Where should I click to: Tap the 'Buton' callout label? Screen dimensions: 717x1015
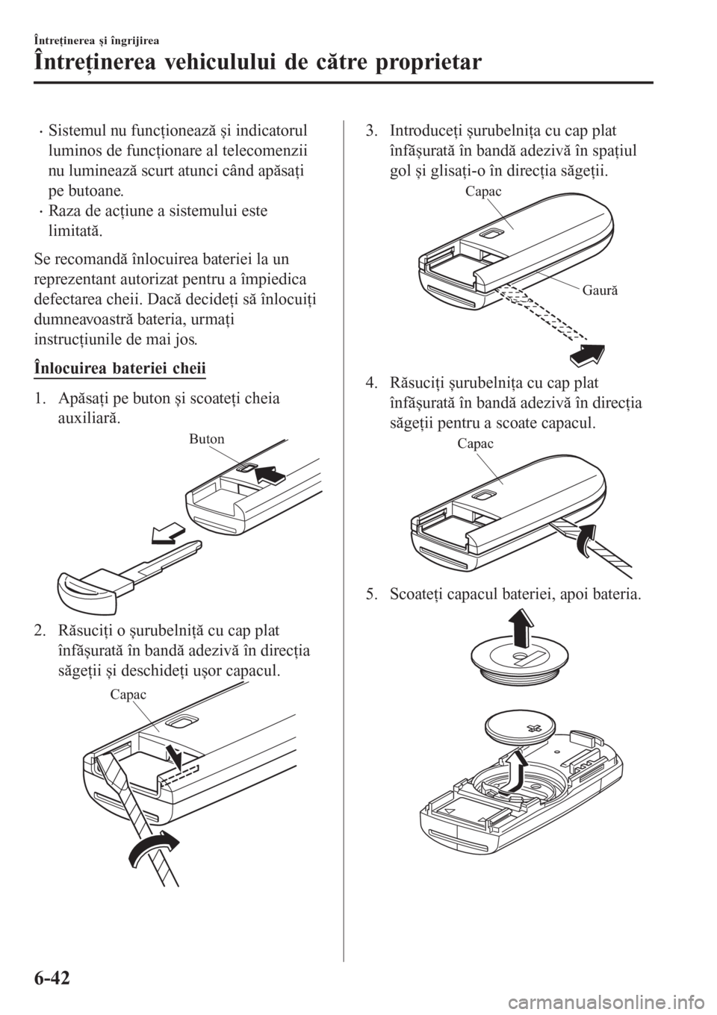pos(206,439)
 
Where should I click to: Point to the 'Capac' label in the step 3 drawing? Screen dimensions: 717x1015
pos(483,192)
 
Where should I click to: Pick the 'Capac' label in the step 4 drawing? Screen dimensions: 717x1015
pos(475,443)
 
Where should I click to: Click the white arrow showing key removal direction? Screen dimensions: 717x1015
pos(169,534)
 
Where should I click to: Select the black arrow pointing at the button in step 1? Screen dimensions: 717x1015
pos(271,477)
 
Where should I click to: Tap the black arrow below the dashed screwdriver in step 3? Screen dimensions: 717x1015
pos(587,354)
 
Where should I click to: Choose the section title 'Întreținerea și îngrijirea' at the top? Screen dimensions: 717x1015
pos(96,42)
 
